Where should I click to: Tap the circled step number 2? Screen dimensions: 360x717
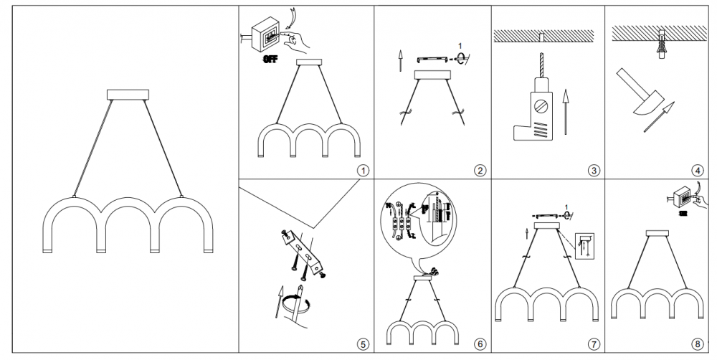(x=480, y=170)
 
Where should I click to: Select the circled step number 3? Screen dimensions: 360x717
(x=593, y=170)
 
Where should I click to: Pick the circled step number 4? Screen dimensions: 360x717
(x=697, y=170)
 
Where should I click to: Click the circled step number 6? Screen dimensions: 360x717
(x=480, y=345)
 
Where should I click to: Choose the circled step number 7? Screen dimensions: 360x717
(x=593, y=345)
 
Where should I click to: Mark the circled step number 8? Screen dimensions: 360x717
(x=697, y=345)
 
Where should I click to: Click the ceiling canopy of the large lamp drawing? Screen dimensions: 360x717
(x=127, y=94)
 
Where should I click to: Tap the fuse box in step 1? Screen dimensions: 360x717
(x=265, y=36)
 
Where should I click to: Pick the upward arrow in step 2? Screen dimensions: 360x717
(x=399, y=61)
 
